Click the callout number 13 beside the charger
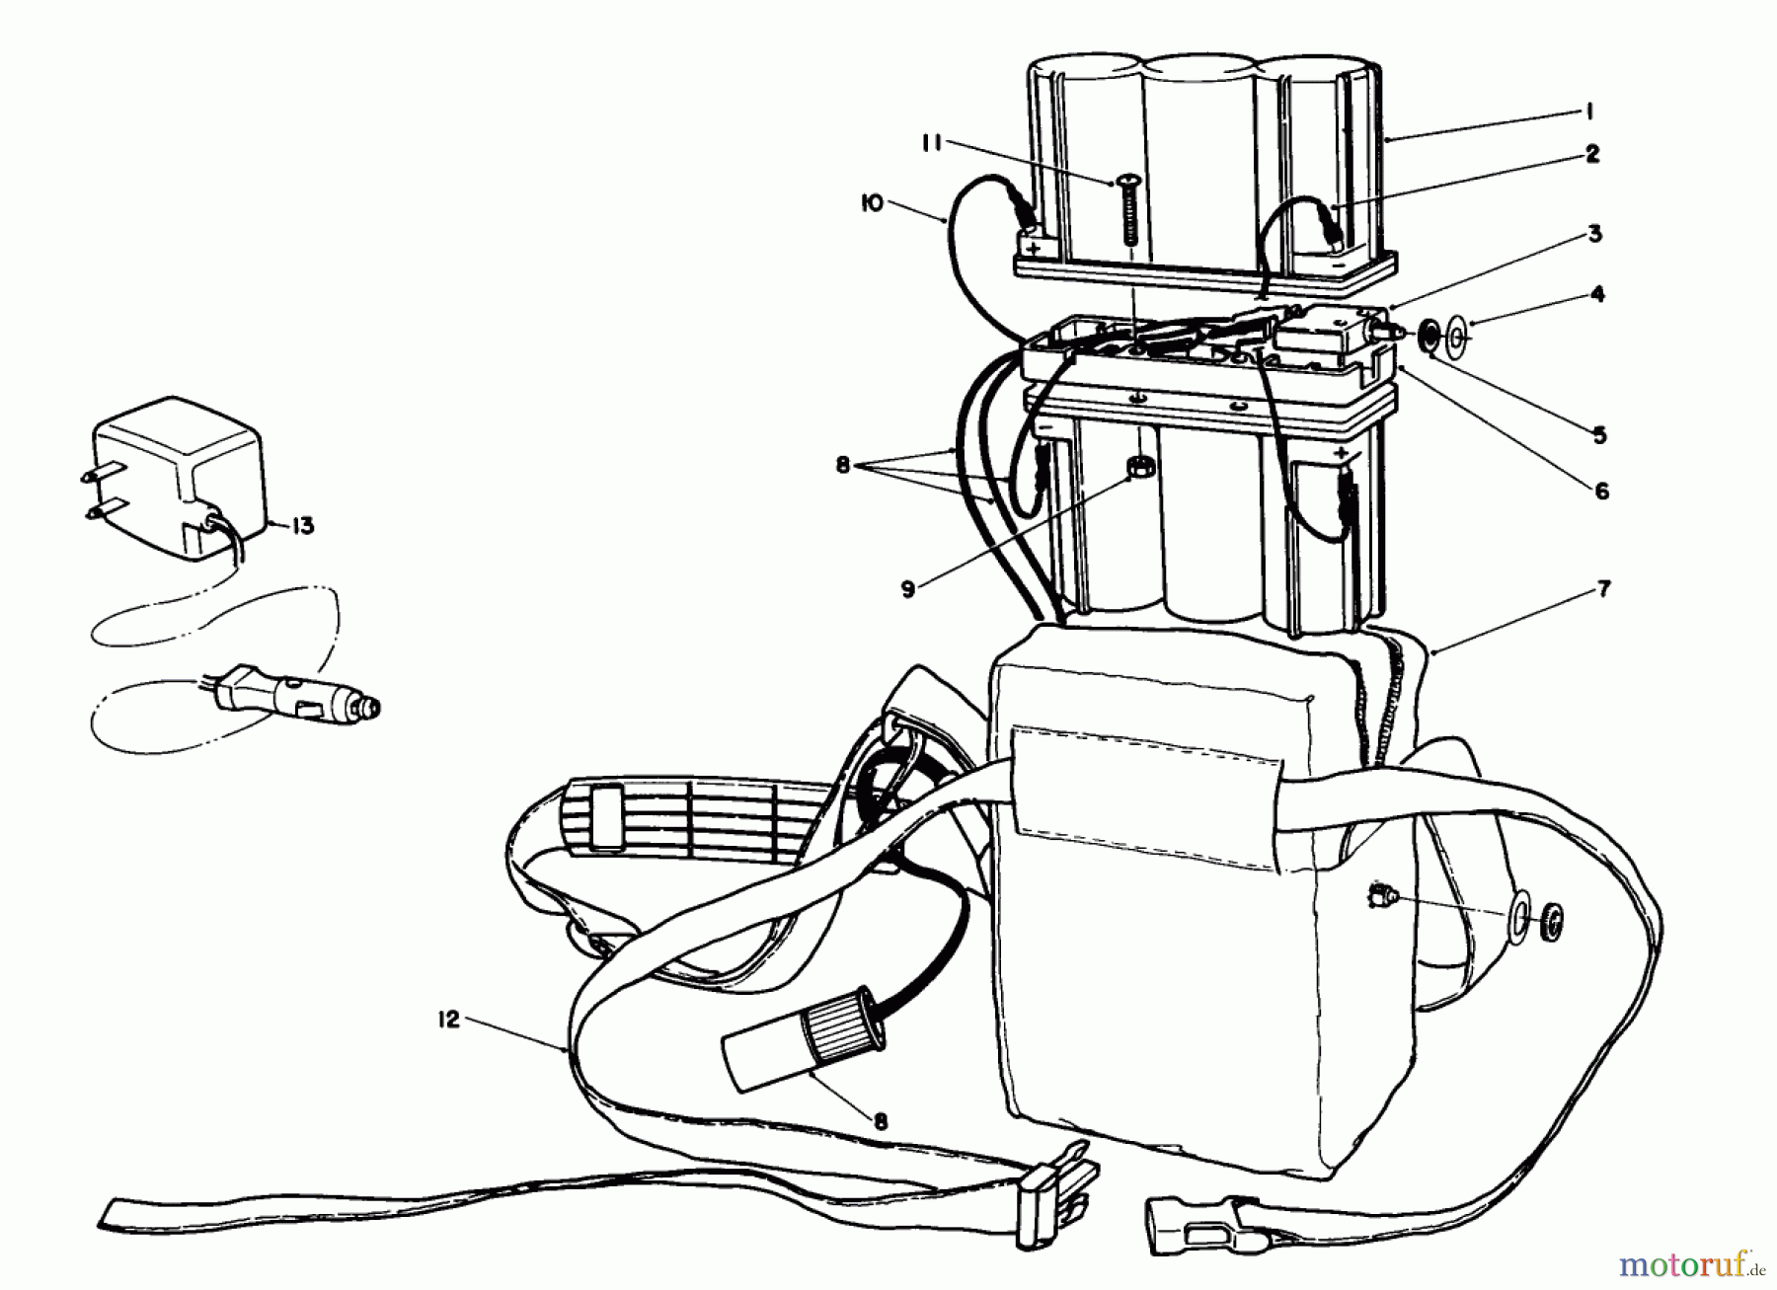click(302, 526)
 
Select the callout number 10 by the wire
click(871, 203)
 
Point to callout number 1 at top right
click(1591, 113)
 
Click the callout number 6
click(1601, 491)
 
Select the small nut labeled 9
click(1138, 465)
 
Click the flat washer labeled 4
click(1457, 341)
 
